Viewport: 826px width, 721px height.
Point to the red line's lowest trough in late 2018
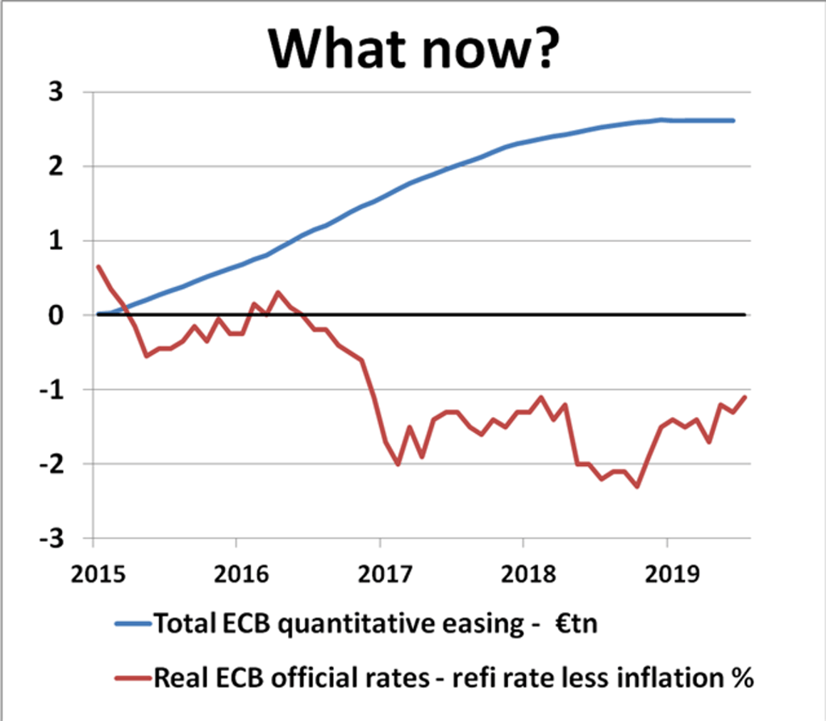pyautogui.click(x=637, y=486)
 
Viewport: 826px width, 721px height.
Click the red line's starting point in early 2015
pyautogui.click(x=98, y=266)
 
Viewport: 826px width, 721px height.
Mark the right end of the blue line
pyautogui.click(x=733, y=120)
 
